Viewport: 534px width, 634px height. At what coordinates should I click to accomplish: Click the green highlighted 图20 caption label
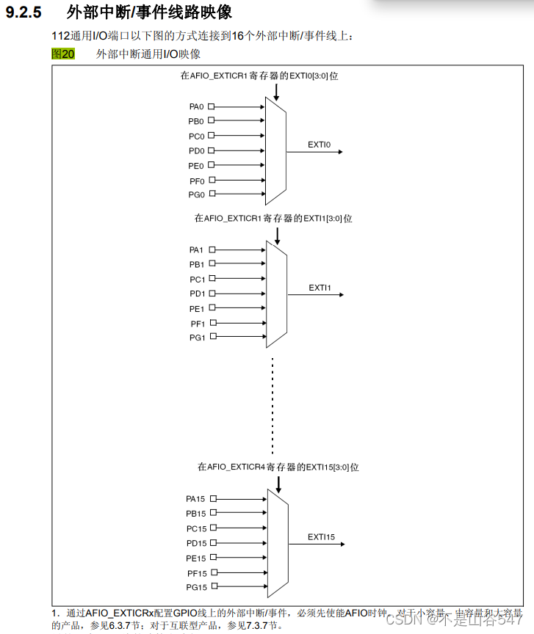(x=63, y=54)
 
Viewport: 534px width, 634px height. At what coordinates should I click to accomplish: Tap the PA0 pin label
(x=196, y=106)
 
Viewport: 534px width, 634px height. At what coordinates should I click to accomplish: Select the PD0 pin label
(x=196, y=150)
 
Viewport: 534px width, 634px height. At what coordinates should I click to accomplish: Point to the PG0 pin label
(x=196, y=194)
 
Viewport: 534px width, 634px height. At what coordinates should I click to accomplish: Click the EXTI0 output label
(x=320, y=145)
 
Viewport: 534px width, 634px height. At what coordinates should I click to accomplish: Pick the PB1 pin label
(x=197, y=264)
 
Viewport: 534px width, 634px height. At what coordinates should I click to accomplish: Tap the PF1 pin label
(x=198, y=323)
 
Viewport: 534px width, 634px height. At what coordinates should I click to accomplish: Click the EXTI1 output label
(x=320, y=288)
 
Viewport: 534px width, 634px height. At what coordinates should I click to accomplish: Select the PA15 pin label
(x=196, y=499)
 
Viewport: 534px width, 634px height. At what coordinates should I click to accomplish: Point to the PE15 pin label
(x=196, y=558)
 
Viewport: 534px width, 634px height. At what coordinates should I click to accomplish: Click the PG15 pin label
(x=196, y=587)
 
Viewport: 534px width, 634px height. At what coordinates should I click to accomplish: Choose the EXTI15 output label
(x=321, y=537)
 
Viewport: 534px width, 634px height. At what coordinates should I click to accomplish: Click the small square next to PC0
(x=212, y=136)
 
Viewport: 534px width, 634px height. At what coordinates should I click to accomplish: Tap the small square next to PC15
(x=214, y=528)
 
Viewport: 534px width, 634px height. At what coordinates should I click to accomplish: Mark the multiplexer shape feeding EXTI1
(x=276, y=294)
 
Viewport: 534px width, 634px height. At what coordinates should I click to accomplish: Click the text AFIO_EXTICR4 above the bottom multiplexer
(x=236, y=467)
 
